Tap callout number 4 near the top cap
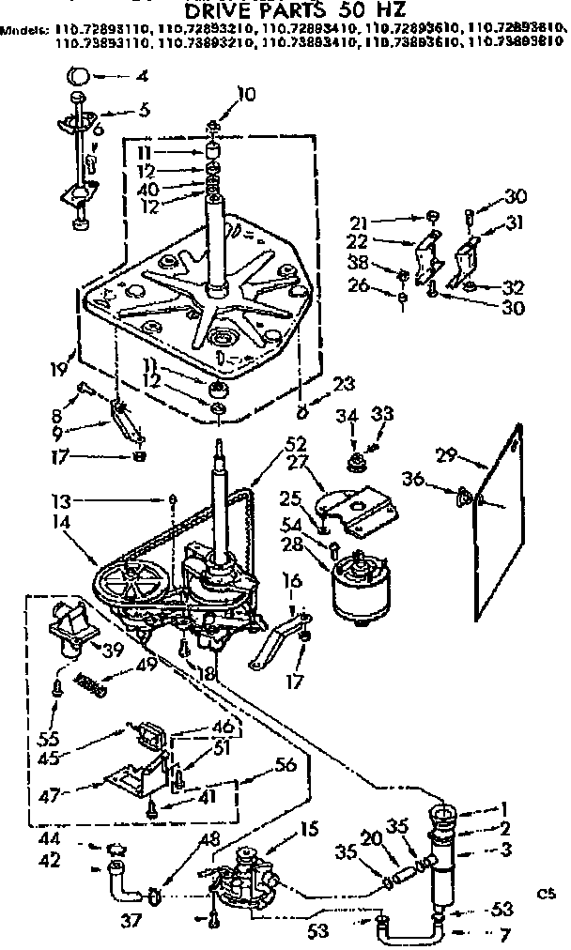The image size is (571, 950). point(142,75)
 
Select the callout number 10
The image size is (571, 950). point(246,93)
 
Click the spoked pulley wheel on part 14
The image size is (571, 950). point(131,587)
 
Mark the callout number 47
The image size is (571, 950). point(57,793)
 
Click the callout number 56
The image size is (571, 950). point(285,764)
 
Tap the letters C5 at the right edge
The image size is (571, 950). point(542,887)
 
